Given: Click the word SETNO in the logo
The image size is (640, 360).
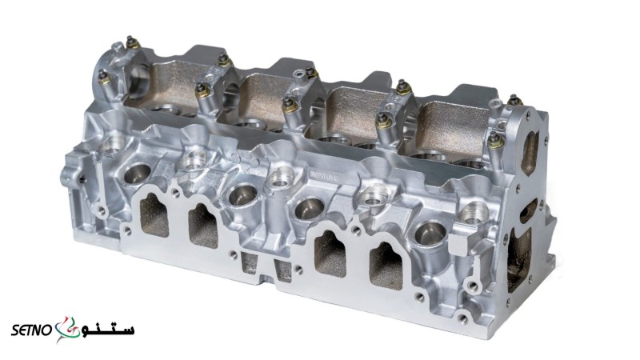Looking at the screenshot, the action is [x=31, y=330].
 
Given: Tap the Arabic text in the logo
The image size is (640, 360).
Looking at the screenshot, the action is [x=107, y=329].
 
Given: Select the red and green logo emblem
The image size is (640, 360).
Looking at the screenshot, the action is [x=67, y=329].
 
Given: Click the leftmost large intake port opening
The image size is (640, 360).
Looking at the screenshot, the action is [x=154, y=215].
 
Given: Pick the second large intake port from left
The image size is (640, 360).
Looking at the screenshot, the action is [x=202, y=226].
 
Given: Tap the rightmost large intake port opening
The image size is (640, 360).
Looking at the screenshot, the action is [x=386, y=266].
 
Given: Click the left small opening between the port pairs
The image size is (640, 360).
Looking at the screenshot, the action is [x=250, y=263].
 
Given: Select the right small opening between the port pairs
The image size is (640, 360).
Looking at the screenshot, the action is [x=283, y=270].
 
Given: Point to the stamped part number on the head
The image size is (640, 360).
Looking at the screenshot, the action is [x=326, y=176].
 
